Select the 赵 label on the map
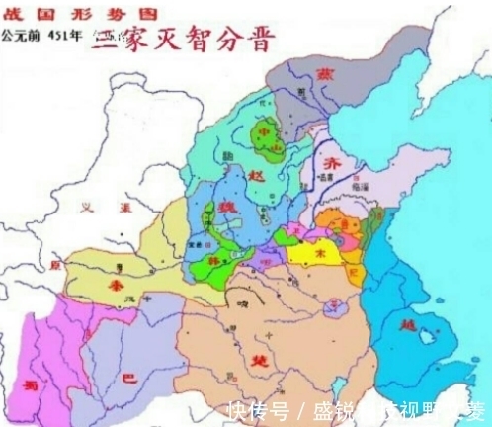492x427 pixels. coord(259,173)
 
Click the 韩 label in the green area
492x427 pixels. coord(211,259)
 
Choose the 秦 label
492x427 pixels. coord(117,282)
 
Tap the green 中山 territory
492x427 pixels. coord(264,139)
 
